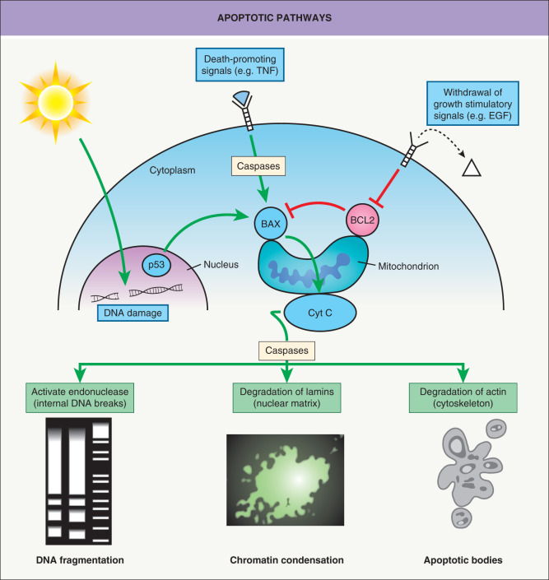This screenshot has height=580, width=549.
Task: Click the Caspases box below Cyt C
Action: [x=289, y=350]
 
